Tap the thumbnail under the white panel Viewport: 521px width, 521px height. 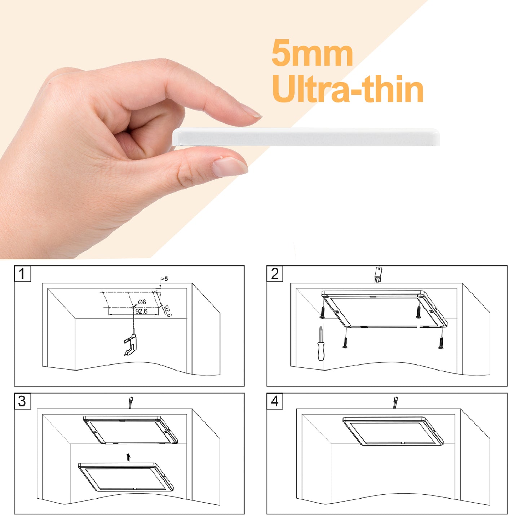pyautogui.click(x=229, y=167)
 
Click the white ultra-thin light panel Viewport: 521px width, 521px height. pyautogui.click(x=306, y=137)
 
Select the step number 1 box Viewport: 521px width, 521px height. pyautogui.click(x=22, y=273)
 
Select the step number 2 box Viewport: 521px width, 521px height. pyautogui.click(x=275, y=273)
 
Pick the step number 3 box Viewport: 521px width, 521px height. pyautogui.click(x=22, y=401)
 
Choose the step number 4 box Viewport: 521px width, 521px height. pyautogui.click(x=275, y=401)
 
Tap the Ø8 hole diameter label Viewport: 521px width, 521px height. pyautogui.click(x=142, y=302)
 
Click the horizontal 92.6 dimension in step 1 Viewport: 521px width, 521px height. pyautogui.click(x=141, y=312)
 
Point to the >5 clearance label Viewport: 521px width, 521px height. pyautogui.click(x=164, y=279)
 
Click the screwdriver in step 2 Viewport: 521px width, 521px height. pyautogui.click(x=321, y=343)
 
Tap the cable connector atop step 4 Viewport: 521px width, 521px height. pyautogui.click(x=396, y=403)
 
